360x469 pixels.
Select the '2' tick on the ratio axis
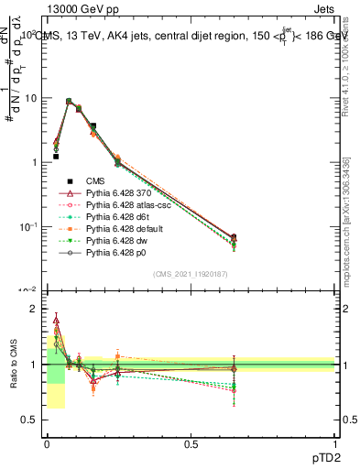coord(34,309)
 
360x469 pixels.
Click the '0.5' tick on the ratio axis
coord(29,420)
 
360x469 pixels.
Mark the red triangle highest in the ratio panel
coord(56,321)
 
